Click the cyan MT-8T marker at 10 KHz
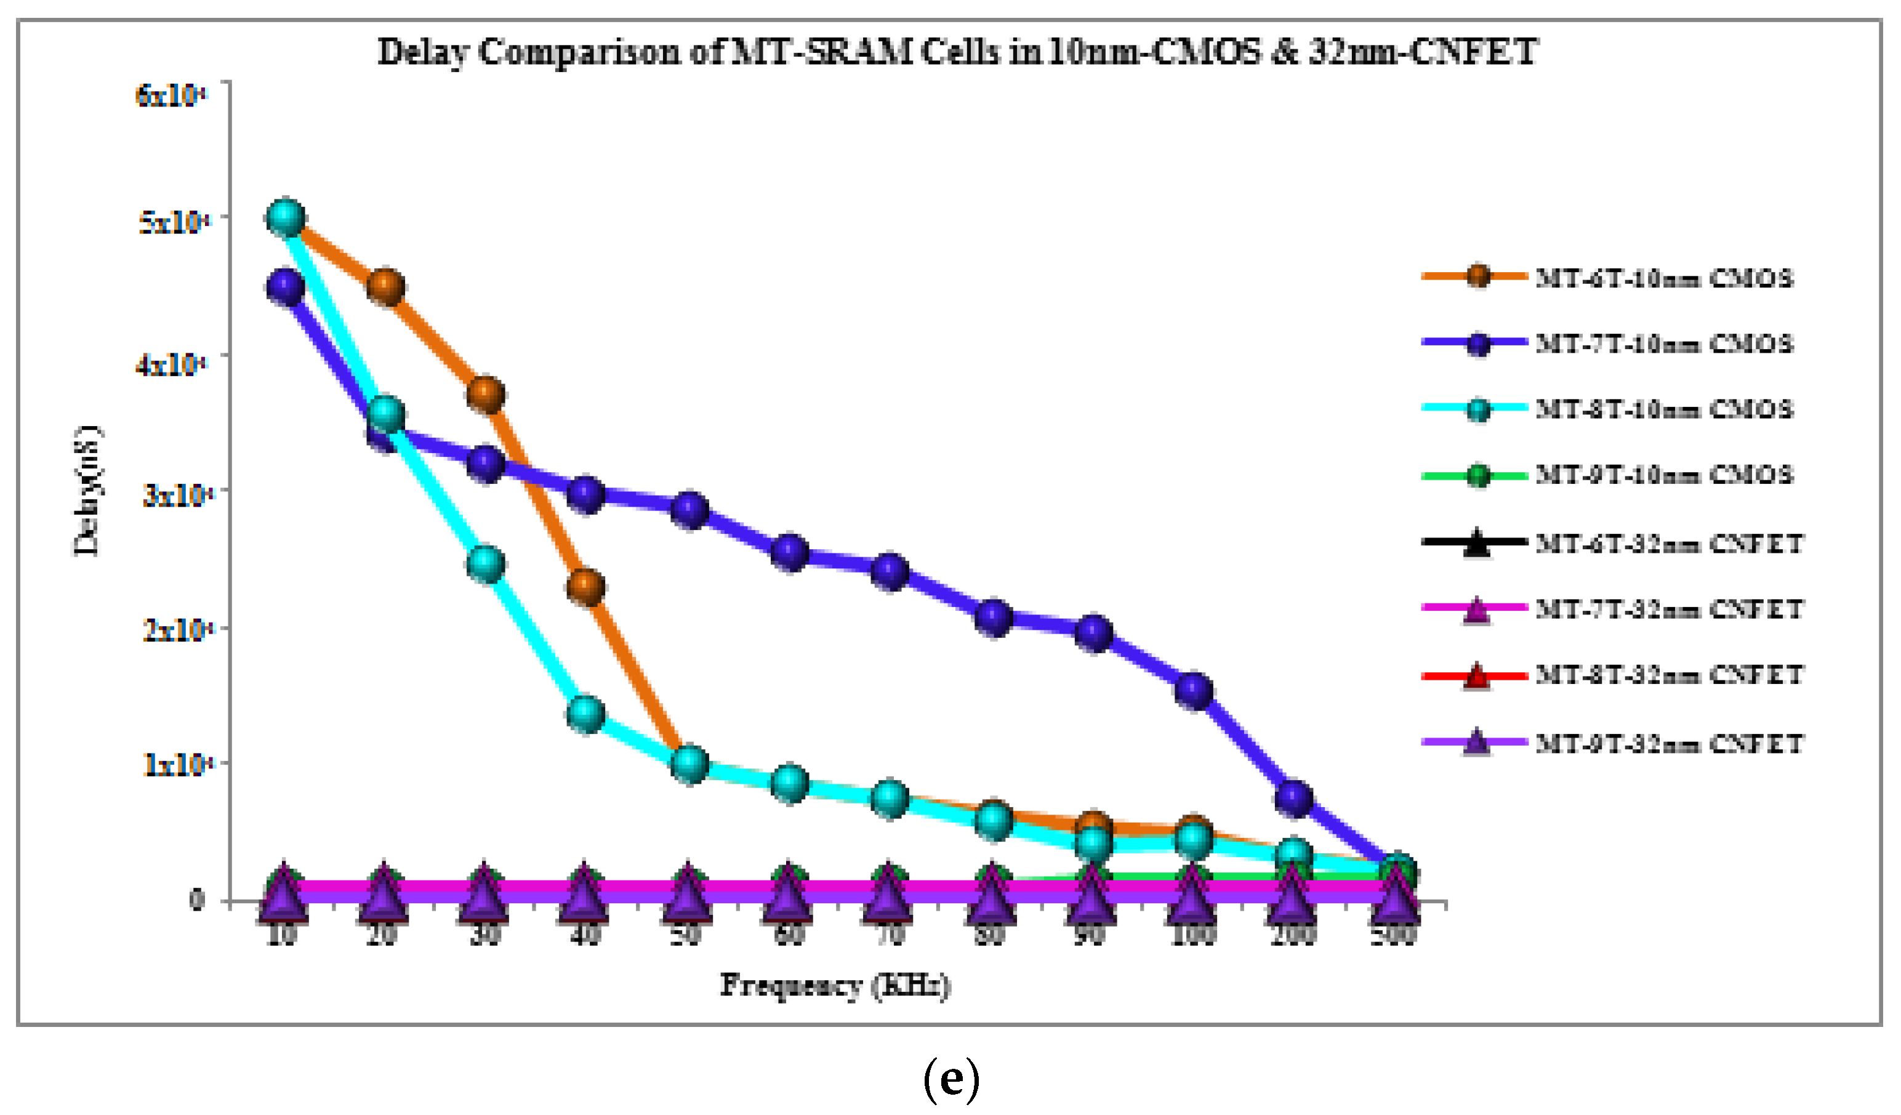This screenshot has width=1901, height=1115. click(285, 218)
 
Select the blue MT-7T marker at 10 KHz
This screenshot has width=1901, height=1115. click(285, 288)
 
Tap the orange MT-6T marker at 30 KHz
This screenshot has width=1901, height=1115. click(485, 395)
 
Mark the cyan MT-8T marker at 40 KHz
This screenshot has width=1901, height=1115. click(585, 714)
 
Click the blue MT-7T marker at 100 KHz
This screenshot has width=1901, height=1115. click(1194, 690)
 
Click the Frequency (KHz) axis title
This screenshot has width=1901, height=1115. click(834, 985)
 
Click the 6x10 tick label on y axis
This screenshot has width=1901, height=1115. click(171, 96)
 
